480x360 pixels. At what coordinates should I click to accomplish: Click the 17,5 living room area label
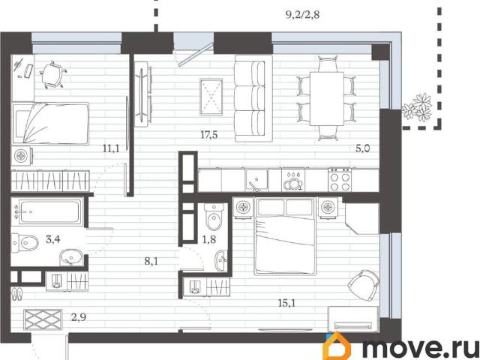(209, 134)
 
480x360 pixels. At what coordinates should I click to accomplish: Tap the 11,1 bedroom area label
(111, 149)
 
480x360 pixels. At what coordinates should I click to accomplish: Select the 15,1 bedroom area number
(286, 303)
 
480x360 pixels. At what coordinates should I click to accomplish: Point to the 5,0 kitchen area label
(363, 148)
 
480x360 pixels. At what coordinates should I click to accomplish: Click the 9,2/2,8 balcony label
(303, 14)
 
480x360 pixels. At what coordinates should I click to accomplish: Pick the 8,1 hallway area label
(151, 261)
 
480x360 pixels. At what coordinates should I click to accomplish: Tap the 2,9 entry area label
(79, 317)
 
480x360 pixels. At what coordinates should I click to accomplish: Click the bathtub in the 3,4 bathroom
(47, 211)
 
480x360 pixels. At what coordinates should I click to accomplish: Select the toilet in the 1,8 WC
(214, 217)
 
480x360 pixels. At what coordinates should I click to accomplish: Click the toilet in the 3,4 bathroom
(25, 243)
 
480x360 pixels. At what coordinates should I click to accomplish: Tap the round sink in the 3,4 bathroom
(71, 257)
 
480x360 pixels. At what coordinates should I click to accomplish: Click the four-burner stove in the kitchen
(340, 180)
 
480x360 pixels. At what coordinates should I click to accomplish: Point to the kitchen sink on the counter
(256, 180)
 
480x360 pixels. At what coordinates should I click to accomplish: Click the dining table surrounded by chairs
(327, 98)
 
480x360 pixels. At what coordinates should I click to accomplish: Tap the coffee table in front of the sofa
(211, 97)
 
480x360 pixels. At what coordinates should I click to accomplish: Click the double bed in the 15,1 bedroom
(285, 236)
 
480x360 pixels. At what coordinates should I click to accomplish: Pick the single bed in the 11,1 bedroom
(50, 123)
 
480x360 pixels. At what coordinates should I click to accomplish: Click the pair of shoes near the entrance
(16, 294)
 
